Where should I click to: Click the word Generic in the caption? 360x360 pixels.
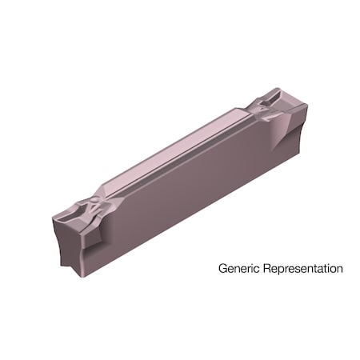(238, 269)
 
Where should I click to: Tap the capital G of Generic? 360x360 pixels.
(222, 269)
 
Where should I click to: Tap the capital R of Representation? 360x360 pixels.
(263, 269)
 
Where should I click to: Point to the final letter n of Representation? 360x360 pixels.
(339, 269)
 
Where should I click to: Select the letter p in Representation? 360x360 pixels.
(276, 270)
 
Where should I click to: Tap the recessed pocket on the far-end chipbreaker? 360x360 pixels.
(277, 108)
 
